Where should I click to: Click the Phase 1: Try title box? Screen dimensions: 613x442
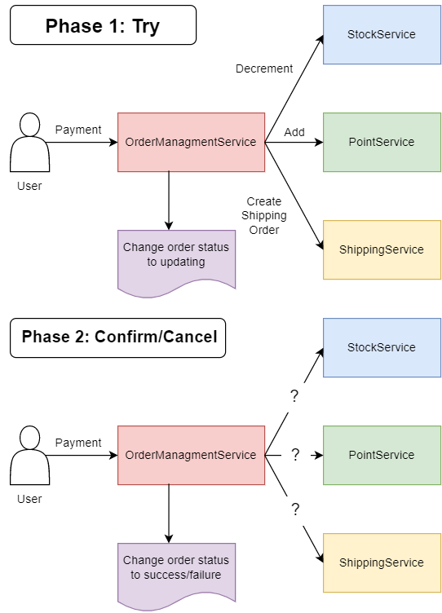coord(103,25)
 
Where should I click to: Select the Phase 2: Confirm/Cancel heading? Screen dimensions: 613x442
coord(118,337)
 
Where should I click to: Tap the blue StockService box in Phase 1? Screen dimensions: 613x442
coord(382,34)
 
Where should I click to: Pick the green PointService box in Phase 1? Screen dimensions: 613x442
coord(382,142)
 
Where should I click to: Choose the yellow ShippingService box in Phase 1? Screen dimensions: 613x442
coord(382,249)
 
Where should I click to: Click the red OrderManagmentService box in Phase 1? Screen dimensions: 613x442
coord(191,142)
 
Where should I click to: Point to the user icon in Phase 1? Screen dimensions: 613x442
coord(29,143)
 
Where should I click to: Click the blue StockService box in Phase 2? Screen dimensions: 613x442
coord(382,347)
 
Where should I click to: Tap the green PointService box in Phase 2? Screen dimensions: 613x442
coord(382,455)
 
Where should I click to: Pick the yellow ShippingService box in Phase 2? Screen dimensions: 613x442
coord(382,562)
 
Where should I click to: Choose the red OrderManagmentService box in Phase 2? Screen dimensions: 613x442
coord(191,455)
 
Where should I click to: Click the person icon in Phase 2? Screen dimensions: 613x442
coord(29,456)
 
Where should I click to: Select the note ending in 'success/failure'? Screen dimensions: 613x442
coord(176,571)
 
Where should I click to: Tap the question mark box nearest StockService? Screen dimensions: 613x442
coord(295,397)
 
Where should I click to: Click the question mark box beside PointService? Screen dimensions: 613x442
coord(295,455)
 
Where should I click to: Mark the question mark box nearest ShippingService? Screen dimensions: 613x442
coord(295,510)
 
